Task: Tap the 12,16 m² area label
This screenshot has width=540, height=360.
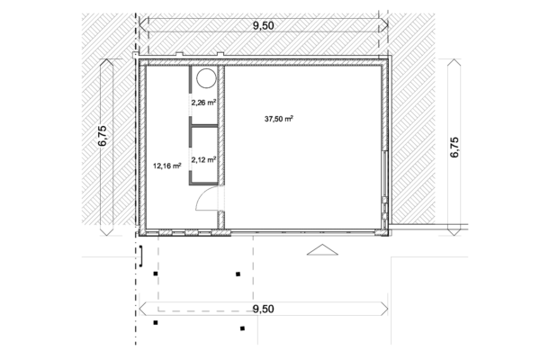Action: click(x=167, y=166)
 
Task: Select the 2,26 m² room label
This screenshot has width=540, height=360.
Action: click(x=203, y=103)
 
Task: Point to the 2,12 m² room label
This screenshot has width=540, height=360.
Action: click(x=203, y=159)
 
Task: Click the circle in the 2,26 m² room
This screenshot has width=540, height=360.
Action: click(x=205, y=76)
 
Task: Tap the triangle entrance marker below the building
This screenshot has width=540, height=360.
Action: click(x=319, y=251)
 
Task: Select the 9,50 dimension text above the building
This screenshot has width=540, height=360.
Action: click(x=264, y=26)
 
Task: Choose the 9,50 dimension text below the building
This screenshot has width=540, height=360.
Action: click(x=264, y=309)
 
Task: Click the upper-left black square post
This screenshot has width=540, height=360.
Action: click(x=156, y=274)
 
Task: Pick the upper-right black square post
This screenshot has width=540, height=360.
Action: click(x=238, y=274)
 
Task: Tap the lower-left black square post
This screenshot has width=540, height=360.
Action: click(x=156, y=322)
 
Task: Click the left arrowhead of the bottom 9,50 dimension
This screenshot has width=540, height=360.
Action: click(x=143, y=309)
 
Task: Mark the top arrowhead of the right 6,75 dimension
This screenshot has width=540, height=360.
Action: click(x=454, y=63)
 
